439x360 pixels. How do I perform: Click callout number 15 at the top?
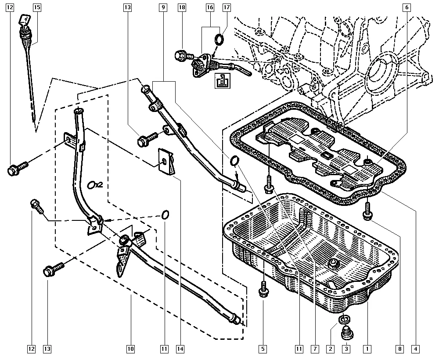click(36, 7)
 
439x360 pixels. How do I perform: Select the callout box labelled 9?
click(163, 7)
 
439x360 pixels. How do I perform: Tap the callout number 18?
click(182, 7)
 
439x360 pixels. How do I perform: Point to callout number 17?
click(227, 7)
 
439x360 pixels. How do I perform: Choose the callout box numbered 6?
click(407, 7)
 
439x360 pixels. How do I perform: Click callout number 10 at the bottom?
click(130, 349)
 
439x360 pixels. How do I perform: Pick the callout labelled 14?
click(180, 349)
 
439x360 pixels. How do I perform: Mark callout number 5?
click(262, 349)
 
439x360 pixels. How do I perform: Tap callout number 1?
click(367, 349)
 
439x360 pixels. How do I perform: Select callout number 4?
click(414, 349)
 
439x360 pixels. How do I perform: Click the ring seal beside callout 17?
click(218, 40)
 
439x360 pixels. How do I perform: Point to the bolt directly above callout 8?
click(367, 213)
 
